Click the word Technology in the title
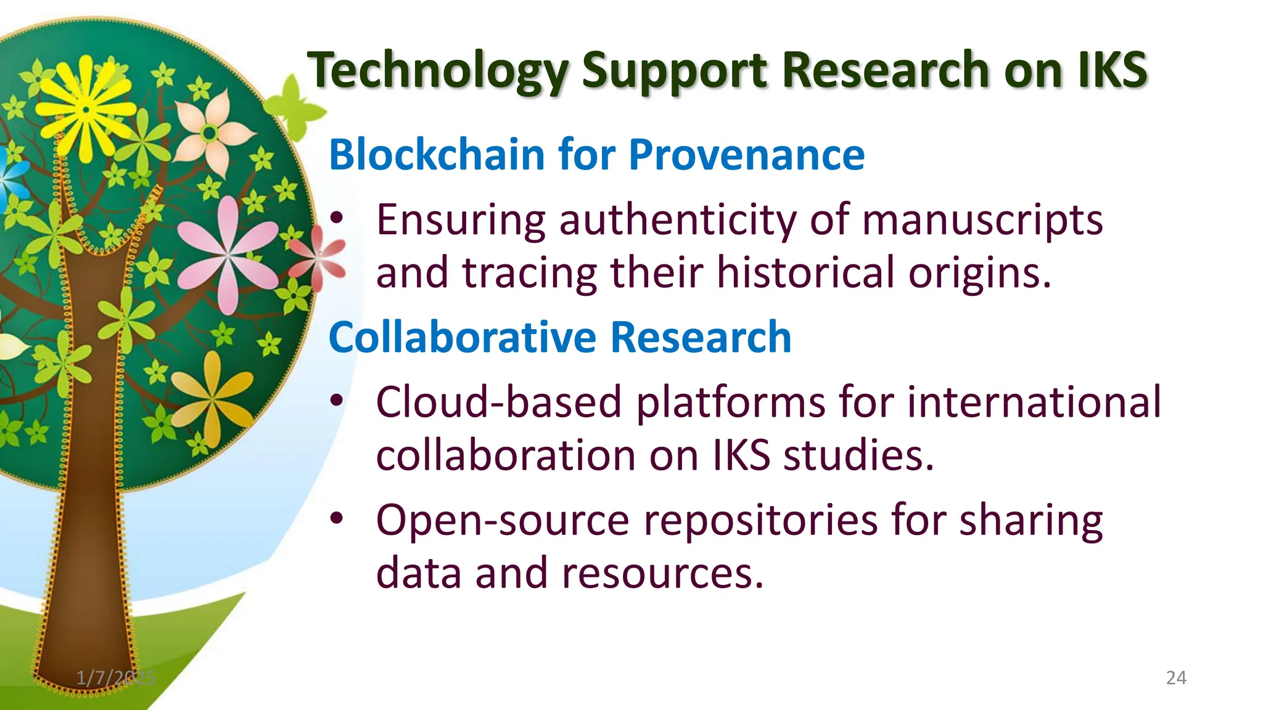(438, 71)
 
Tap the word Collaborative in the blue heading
(463, 337)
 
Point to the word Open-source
(503, 521)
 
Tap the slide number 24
(1176, 678)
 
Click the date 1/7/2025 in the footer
(116, 678)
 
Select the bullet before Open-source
(336, 519)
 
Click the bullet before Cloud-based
(336, 401)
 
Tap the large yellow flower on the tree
(86, 110)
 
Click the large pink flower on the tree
(228, 253)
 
